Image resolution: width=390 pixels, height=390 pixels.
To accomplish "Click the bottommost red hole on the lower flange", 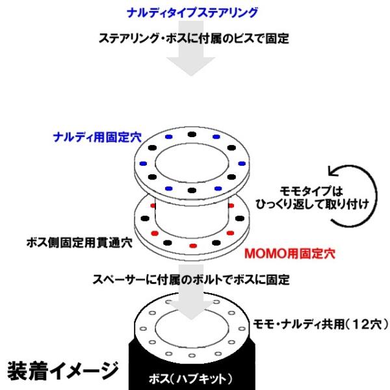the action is tap(192, 247).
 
